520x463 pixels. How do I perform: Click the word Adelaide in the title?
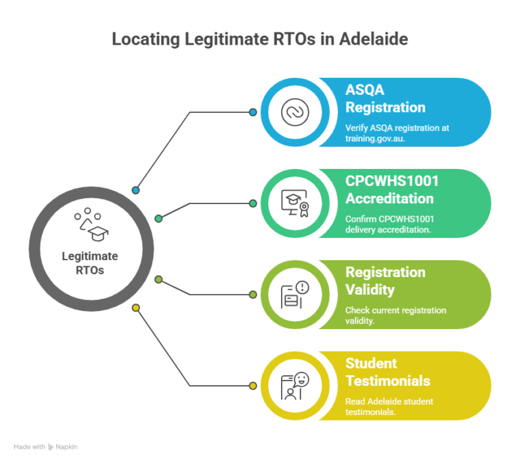click(x=374, y=39)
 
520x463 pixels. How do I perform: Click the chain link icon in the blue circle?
click(x=295, y=112)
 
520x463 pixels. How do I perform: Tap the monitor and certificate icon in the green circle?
click(x=295, y=203)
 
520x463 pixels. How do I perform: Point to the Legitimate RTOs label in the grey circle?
click(x=90, y=263)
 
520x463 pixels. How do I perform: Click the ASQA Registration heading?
click(x=385, y=99)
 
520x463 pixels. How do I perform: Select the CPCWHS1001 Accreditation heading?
click(x=392, y=190)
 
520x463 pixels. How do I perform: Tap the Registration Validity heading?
click(x=385, y=281)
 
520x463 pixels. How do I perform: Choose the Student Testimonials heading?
click(x=388, y=372)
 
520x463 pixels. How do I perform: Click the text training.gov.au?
click(x=375, y=139)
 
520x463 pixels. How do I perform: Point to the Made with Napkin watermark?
click(x=45, y=447)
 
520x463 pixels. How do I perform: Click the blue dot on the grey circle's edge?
click(x=135, y=191)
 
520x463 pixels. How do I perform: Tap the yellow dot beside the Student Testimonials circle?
click(x=253, y=386)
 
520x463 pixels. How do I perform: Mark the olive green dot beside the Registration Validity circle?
click(x=253, y=295)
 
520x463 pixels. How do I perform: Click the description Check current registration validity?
click(x=395, y=316)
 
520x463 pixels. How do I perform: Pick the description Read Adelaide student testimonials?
click(x=389, y=407)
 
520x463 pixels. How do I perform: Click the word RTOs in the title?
click(x=295, y=39)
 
